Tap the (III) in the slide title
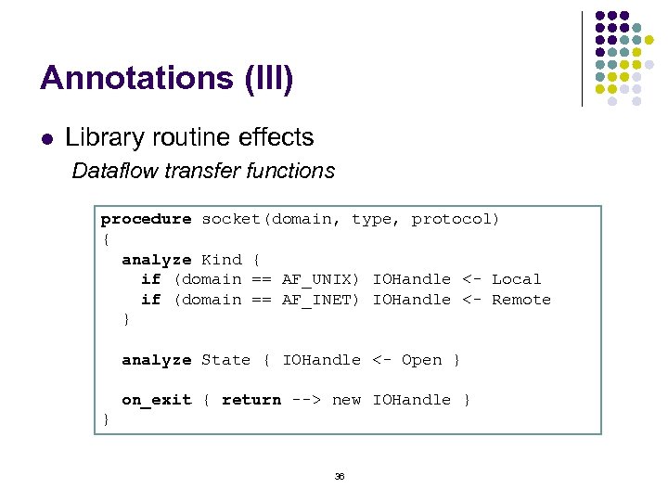[268, 78]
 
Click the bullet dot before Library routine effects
[45, 139]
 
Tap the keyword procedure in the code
[146, 220]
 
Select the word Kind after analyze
[221, 260]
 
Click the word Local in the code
[516, 279]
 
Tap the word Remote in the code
[521, 300]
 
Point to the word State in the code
[225, 360]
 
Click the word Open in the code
[421, 360]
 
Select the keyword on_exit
[156, 400]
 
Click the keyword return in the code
[250, 400]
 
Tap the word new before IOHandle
[346, 400]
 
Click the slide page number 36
[339, 476]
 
